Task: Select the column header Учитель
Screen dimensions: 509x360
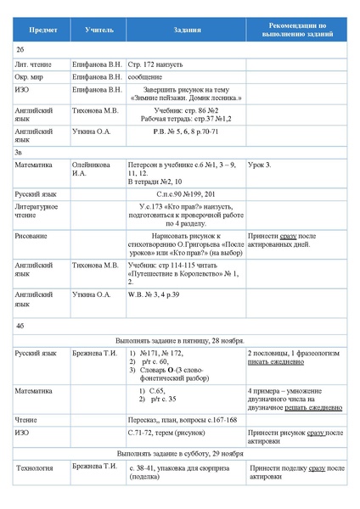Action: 98,30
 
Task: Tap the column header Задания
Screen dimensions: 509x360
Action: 185,30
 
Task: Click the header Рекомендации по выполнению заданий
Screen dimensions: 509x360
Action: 296,30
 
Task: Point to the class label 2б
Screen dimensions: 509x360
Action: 20,50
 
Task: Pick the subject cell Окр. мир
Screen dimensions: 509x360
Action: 32,76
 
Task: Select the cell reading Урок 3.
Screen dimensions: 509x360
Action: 260,165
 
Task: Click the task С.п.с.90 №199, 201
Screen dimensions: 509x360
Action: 185,194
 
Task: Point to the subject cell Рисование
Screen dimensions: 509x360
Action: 31,235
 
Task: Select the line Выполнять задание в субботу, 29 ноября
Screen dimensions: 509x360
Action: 179,454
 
